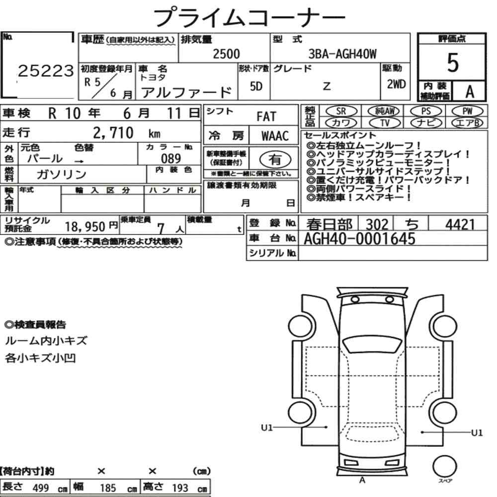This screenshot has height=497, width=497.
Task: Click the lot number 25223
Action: (46, 71)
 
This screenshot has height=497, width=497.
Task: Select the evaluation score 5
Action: (453, 63)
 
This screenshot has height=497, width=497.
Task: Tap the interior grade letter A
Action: (470, 91)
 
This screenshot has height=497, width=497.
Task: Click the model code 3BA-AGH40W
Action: (342, 54)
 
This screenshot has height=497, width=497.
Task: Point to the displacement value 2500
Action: (226, 54)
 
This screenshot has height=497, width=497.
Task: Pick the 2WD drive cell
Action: (396, 84)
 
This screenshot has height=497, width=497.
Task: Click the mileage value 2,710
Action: (113, 133)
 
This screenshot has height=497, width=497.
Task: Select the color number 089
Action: (171, 158)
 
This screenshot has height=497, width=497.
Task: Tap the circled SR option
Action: (341, 111)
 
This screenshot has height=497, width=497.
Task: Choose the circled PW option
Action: (467, 111)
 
